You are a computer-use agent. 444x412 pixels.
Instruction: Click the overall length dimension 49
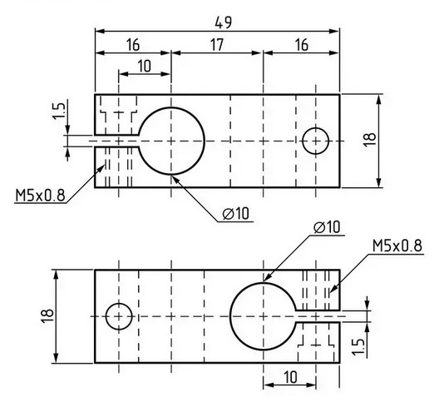click(x=223, y=22)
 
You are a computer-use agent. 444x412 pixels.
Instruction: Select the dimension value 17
click(x=217, y=45)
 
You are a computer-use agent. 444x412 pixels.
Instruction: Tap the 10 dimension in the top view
click(x=145, y=66)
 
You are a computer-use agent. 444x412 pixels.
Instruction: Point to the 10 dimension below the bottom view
click(x=290, y=377)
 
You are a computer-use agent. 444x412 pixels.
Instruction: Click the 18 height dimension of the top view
click(x=369, y=140)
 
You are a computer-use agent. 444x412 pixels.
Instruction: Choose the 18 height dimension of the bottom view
click(x=47, y=316)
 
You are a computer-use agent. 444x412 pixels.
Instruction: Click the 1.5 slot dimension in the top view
click(x=59, y=111)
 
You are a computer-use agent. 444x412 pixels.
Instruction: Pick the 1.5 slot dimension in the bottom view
click(x=358, y=346)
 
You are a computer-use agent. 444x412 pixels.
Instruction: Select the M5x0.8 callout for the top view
click(x=40, y=196)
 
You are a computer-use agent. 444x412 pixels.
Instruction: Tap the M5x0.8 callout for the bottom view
click(x=397, y=246)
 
